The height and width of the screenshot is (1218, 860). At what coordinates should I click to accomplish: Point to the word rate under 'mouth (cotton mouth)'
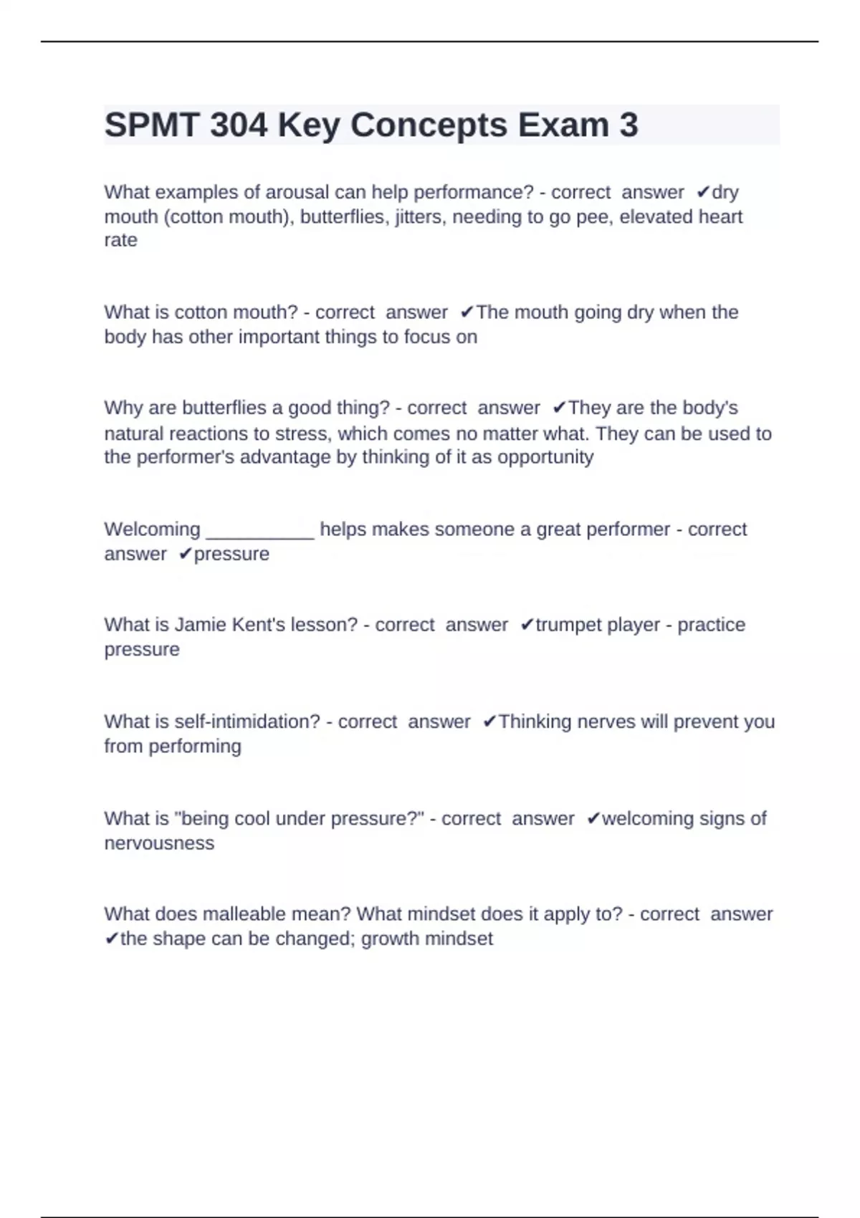120,240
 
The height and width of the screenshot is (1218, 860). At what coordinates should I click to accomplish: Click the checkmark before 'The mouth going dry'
467,312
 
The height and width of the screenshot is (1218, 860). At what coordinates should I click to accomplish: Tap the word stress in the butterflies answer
301,434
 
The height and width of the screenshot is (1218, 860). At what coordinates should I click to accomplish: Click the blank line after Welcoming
259,530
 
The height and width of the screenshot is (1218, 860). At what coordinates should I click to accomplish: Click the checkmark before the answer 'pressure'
186,554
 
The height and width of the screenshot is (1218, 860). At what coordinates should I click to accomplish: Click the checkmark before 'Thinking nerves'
490,721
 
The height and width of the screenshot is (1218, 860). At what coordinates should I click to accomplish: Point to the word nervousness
159,843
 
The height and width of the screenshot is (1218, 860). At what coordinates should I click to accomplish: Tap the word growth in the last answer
391,939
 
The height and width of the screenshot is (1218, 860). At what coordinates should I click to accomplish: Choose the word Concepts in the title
429,125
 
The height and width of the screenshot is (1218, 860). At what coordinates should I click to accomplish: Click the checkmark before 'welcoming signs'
593,819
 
